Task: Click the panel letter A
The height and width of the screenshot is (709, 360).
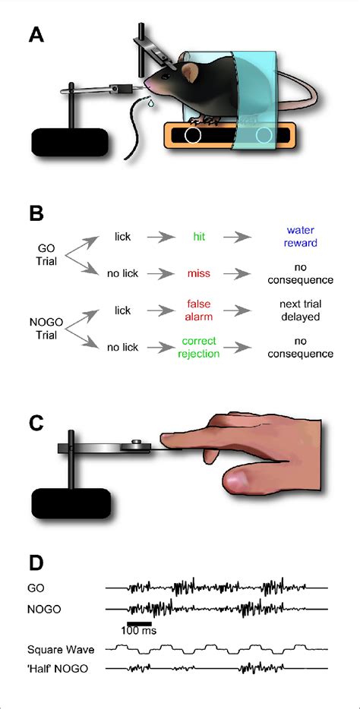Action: tap(36, 35)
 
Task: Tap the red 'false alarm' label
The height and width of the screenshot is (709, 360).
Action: tap(196, 310)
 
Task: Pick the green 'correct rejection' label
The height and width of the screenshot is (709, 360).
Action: tap(196, 348)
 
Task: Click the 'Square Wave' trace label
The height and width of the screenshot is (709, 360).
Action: tap(56, 650)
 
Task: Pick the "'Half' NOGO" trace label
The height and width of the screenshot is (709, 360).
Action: tap(56, 668)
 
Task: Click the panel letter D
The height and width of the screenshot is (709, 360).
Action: tap(36, 563)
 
